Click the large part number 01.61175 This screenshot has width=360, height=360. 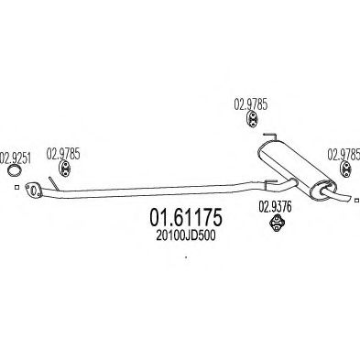[186, 218]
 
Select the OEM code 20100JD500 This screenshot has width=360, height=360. [186, 235]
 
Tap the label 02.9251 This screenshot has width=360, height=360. [16, 158]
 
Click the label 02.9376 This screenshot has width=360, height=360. [275, 207]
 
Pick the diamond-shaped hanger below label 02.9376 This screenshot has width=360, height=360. [277, 223]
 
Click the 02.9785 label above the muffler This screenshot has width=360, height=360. [251, 104]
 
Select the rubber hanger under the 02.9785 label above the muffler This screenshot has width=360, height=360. [252, 119]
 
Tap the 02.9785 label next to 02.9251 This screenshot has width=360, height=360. [63, 154]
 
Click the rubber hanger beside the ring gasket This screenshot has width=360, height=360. [64, 169]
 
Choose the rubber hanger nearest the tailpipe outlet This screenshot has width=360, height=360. [346, 169]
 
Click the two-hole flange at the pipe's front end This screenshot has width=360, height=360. [33, 190]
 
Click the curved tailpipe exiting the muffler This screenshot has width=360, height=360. [337, 195]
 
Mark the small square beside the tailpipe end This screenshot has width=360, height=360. [356, 200]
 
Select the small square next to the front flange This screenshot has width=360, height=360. [17, 187]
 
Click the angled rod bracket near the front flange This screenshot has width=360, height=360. [54, 183]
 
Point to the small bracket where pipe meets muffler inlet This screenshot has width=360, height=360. [270, 182]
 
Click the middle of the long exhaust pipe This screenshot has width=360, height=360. [153, 191]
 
